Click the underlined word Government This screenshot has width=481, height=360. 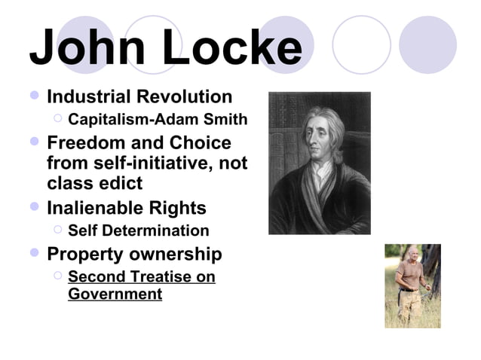(x=115, y=294)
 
